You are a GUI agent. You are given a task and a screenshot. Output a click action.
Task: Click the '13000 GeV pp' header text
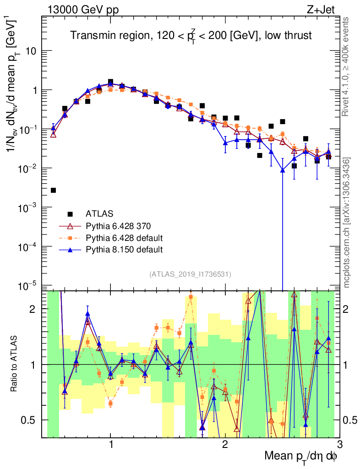coord(82,11)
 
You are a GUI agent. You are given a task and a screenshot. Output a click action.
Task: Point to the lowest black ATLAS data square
coord(53,190)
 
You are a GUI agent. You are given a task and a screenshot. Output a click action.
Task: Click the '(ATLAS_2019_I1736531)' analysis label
coord(190,274)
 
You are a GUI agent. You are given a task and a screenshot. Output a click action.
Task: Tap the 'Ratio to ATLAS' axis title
coord(15,364)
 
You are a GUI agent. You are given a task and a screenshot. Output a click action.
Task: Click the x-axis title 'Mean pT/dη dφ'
coord(301,456)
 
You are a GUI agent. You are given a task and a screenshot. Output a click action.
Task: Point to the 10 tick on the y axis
coord(30,51)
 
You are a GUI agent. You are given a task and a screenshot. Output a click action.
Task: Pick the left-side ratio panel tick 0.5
coord(31,420)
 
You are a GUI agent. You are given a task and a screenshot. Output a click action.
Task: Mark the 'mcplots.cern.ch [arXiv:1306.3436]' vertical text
coord(348,223)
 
